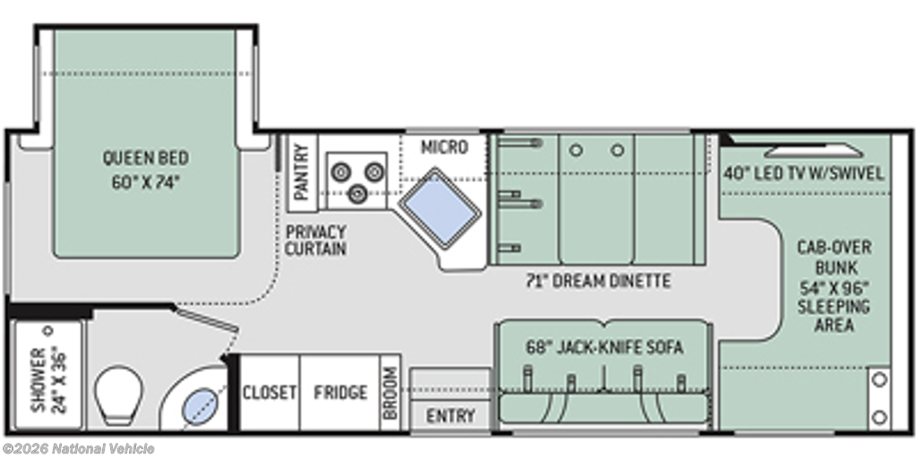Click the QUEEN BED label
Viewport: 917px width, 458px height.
click(x=146, y=157)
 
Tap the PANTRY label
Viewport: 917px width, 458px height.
click(x=301, y=173)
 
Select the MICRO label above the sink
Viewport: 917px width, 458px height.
click(x=444, y=148)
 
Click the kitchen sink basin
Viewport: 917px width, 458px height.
click(x=439, y=208)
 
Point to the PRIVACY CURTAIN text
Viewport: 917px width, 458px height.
click(x=316, y=240)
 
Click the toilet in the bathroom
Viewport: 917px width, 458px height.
click(x=119, y=394)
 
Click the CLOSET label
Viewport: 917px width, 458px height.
click(x=270, y=392)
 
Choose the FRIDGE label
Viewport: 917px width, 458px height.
click(x=340, y=392)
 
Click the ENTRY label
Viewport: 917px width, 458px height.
click(x=450, y=416)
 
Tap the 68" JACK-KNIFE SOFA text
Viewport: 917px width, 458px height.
click(x=604, y=347)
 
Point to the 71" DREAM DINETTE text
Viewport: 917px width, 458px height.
click(x=597, y=281)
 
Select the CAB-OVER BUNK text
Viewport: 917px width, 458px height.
click(x=834, y=257)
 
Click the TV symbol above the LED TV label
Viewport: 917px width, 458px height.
click(x=813, y=152)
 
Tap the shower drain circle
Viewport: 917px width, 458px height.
click(x=48, y=331)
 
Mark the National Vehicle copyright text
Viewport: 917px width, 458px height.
click(x=79, y=449)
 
